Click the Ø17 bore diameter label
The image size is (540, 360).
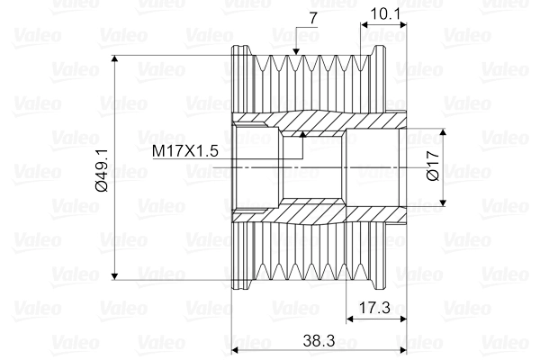pyautogui.click(x=433, y=167)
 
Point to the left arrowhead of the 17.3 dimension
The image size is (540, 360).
pyautogui.click(x=352, y=318)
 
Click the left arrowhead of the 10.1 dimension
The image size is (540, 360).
pyautogui.click(x=364, y=24)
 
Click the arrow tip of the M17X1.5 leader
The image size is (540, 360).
pyautogui.click(x=303, y=134)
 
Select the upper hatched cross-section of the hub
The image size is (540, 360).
pyautogui.click(x=315, y=119)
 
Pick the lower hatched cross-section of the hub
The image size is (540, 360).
pyautogui.click(x=315, y=214)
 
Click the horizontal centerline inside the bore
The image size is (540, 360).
pyautogui.click(x=315, y=167)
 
